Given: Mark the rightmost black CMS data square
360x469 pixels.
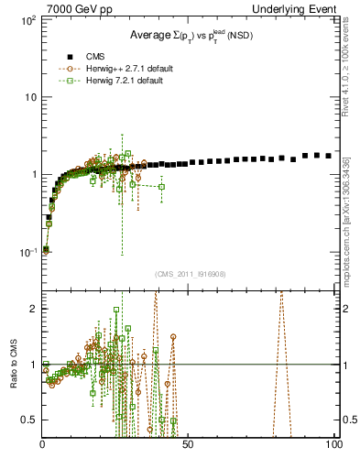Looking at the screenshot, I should click(329, 156).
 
